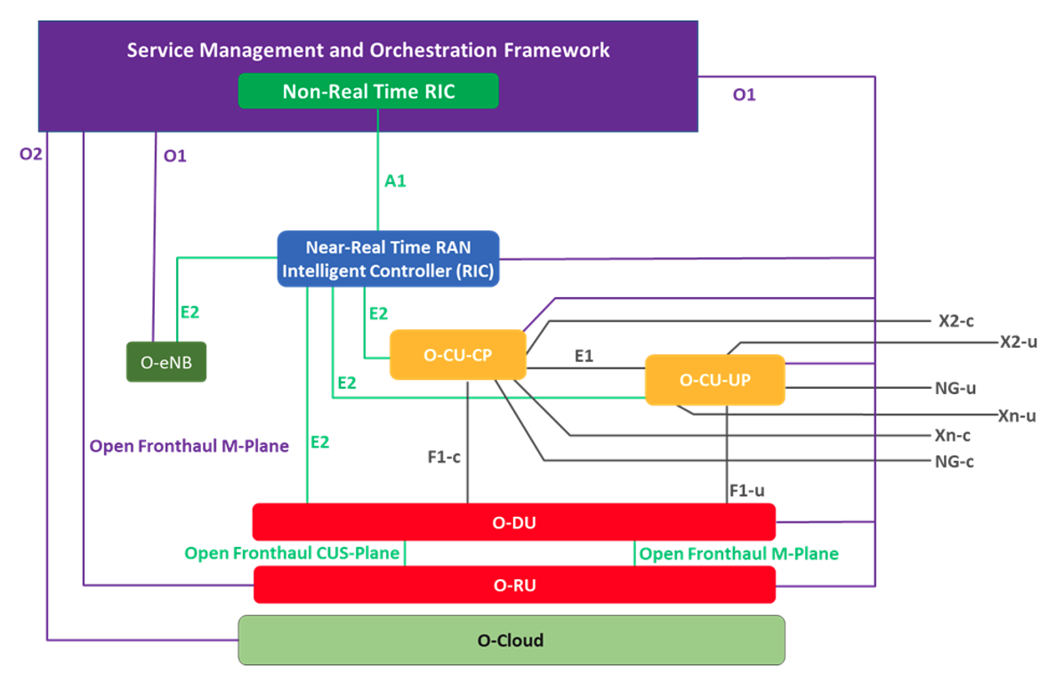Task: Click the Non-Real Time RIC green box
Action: pyautogui.click(x=367, y=92)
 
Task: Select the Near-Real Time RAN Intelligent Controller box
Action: pyautogui.click(x=388, y=259)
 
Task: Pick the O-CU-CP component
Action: pyautogui.click(x=457, y=355)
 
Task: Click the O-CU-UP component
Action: pyautogui.click(x=714, y=380)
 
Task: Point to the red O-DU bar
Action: pyautogui.click(x=513, y=522)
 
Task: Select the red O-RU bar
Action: pyautogui.click(x=513, y=584)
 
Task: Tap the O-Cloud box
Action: pyautogui.click(x=511, y=641)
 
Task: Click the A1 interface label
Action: pyautogui.click(x=395, y=181)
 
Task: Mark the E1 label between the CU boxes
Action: pyautogui.click(x=584, y=356)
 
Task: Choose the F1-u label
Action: pyautogui.click(x=746, y=490)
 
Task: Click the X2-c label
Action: pyautogui.click(x=956, y=322)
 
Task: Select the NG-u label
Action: pyautogui.click(x=955, y=388)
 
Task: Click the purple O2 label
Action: pyautogui.click(x=31, y=155)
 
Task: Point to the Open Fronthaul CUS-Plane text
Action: pyautogui.click(x=292, y=553)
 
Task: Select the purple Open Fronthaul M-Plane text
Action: pyautogui.click(x=189, y=446)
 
